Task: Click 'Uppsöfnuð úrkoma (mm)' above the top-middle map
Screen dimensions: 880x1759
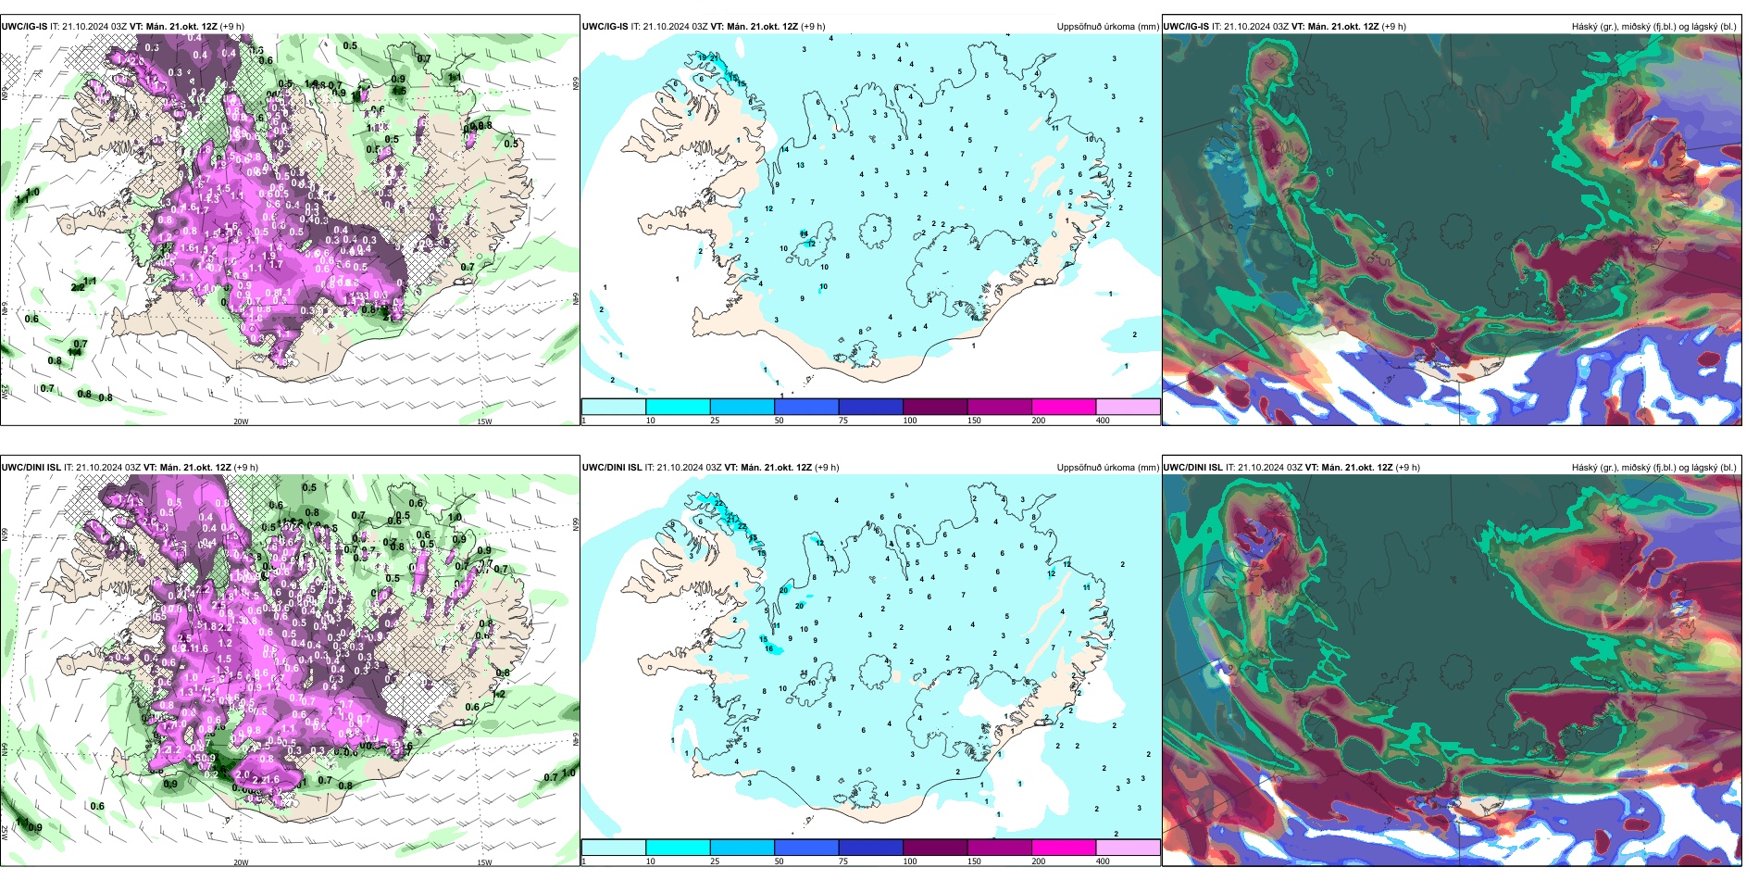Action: tap(1107, 27)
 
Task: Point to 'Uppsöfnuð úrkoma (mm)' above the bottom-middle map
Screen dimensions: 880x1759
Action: tap(1107, 468)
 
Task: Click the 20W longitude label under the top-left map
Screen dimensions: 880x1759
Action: tap(241, 421)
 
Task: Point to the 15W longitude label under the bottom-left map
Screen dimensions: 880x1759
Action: tap(484, 862)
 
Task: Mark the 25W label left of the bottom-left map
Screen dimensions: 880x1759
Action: tap(5, 831)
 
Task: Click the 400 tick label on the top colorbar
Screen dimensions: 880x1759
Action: tap(1103, 421)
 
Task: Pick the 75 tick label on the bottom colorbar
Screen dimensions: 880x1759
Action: tap(843, 861)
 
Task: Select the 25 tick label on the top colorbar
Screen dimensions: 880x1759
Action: tap(715, 421)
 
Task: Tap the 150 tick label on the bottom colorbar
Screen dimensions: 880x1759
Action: tap(974, 861)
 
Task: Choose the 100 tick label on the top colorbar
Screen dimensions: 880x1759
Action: tap(910, 421)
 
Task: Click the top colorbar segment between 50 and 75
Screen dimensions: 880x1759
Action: tap(806, 407)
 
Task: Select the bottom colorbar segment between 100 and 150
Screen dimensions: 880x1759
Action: tap(935, 848)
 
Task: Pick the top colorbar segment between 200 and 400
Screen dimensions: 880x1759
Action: tap(1128, 407)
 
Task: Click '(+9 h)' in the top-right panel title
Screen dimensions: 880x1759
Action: tap(1394, 27)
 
